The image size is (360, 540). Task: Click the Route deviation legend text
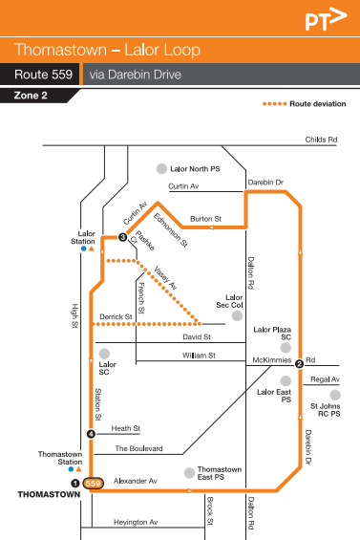click(317, 103)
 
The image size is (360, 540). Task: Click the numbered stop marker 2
click(299, 363)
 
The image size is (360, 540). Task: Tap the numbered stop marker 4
click(91, 434)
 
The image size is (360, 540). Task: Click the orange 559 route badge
click(93, 484)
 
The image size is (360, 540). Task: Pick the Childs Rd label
click(321, 140)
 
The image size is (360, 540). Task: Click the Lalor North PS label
click(195, 168)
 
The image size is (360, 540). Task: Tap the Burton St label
click(205, 219)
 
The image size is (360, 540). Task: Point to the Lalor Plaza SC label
click(272, 334)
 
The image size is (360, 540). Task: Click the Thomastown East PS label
click(219, 474)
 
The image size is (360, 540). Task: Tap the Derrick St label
click(115, 316)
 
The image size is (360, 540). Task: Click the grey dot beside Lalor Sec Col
click(237, 314)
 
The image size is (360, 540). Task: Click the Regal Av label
click(325, 379)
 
